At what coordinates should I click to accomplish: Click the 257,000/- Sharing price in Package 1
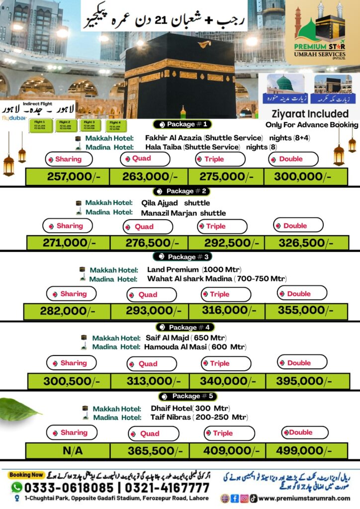(x=69, y=177)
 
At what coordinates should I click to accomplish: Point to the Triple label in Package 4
(x=219, y=363)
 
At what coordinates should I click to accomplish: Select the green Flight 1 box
(x=40, y=124)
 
